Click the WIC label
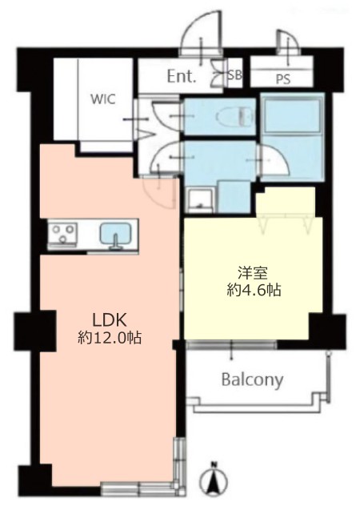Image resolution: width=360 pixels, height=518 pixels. click(103, 98)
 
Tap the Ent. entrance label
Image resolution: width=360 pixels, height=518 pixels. click(182, 77)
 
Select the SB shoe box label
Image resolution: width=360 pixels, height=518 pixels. click(235, 75)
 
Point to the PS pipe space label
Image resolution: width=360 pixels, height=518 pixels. click(282, 79)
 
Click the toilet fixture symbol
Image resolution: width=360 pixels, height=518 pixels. click(235, 116)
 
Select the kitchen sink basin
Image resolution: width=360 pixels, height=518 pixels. click(114, 233)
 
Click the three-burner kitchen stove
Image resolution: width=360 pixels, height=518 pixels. click(63, 232)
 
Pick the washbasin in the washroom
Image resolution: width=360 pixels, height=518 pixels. click(200, 201)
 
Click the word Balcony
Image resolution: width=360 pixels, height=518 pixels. click(253, 380)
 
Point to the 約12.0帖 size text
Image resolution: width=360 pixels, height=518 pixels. click(110, 338)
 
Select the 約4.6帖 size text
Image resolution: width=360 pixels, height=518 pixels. click(254, 291)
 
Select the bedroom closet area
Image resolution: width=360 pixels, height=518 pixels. click(286, 203)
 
